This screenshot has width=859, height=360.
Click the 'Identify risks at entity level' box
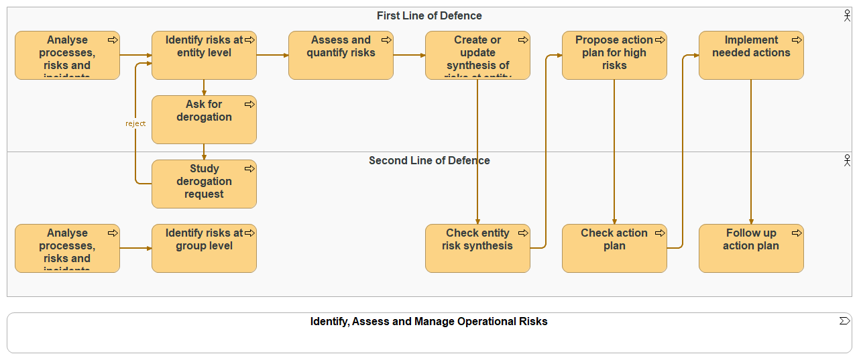[204, 56]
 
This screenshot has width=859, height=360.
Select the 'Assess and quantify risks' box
[341, 56]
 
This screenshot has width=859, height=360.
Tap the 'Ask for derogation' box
[204, 120]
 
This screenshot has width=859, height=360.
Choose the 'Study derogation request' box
[204, 184]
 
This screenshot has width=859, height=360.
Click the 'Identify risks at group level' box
[204, 249]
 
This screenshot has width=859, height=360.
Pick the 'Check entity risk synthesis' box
[477, 249]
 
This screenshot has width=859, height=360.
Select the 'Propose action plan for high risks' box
[614, 56]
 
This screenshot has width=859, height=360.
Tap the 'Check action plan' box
[614, 249]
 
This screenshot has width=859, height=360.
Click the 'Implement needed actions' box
[751, 56]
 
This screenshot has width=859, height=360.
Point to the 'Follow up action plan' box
[751, 249]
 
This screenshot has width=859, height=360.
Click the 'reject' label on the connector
[135, 123]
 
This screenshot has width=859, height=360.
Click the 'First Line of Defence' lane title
[429, 16]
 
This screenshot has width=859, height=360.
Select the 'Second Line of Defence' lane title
[429, 161]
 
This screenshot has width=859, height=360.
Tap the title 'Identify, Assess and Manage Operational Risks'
[429, 322]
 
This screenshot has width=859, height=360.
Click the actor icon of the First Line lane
[847, 15]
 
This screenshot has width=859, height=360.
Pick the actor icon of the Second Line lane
[847, 160]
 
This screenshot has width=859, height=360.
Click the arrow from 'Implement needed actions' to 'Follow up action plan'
[751, 152]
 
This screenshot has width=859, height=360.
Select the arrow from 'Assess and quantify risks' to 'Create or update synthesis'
[409, 55]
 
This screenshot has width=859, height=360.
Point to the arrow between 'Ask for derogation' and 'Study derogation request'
[204, 152]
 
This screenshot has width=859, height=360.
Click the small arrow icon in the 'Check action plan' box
[660, 233]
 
